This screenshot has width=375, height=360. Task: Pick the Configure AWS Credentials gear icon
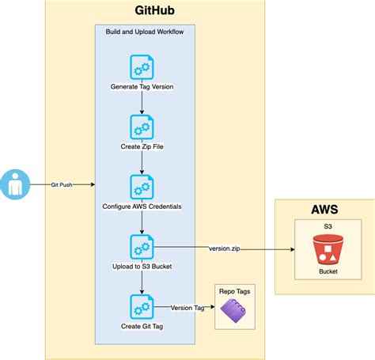click(142, 187)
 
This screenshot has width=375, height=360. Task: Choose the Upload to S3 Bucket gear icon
click(142, 246)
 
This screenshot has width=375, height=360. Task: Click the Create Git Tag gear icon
click(142, 306)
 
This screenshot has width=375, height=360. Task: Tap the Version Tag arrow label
click(187, 307)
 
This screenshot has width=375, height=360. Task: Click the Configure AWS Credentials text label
click(142, 207)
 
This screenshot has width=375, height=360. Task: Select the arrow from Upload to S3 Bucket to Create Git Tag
click(142, 281)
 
